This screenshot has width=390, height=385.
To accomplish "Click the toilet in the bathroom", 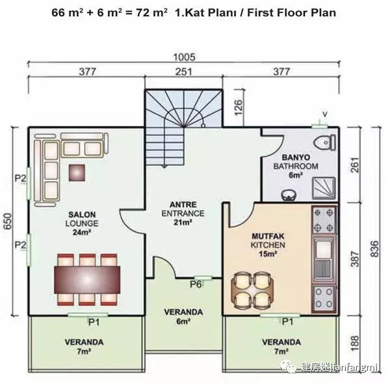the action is pyautogui.click(x=325, y=142).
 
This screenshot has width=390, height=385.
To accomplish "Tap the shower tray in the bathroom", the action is pyautogui.click(x=324, y=188).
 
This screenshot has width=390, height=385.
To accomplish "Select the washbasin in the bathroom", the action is pyautogui.click(x=289, y=195).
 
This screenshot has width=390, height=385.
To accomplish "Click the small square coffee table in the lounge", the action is pyautogui.click(x=77, y=173).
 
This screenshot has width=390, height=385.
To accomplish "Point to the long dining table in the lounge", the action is pyautogui.click(x=87, y=280).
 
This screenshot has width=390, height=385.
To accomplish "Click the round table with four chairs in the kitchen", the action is pyautogui.click(x=252, y=290).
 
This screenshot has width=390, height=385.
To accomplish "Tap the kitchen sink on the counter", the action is pyautogui.click(x=323, y=258).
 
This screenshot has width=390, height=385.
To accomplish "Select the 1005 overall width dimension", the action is pyautogui.click(x=185, y=57).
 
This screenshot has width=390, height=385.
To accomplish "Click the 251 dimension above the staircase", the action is pyautogui.click(x=184, y=72).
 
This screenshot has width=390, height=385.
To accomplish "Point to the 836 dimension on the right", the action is pyautogui.click(x=374, y=249).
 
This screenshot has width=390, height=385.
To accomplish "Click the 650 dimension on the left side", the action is pyautogui.click(x=8, y=222).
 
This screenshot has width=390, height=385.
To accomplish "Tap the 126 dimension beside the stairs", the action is pyautogui.click(x=238, y=107).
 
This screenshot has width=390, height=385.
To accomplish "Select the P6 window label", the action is pyautogui.click(x=196, y=284).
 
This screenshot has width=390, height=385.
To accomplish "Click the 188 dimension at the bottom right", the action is pyautogui.click(x=356, y=343).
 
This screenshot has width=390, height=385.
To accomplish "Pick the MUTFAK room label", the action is pyautogui.click(x=268, y=236).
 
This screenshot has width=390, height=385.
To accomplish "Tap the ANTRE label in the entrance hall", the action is pyautogui.click(x=183, y=205).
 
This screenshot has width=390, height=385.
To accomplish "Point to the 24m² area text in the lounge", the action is pyautogui.click(x=82, y=232).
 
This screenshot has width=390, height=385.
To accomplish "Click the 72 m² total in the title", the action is pyautogui.click(x=151, y=13).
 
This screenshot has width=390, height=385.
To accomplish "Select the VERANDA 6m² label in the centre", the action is pyautogui.click(x=183, y=316).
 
